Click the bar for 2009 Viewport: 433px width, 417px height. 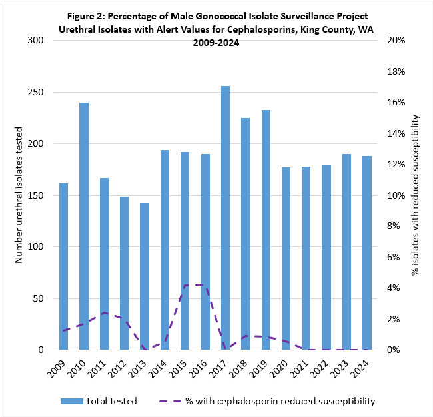[x=63, y=266]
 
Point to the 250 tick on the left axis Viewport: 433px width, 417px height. [x=34, y=92]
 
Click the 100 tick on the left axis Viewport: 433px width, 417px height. [x=34, y=247]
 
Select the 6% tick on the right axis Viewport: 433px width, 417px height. [x=389, y=257]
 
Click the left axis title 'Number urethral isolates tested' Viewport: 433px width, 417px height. [x=19, y=195]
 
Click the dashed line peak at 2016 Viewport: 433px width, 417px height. [x=204, y=284]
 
